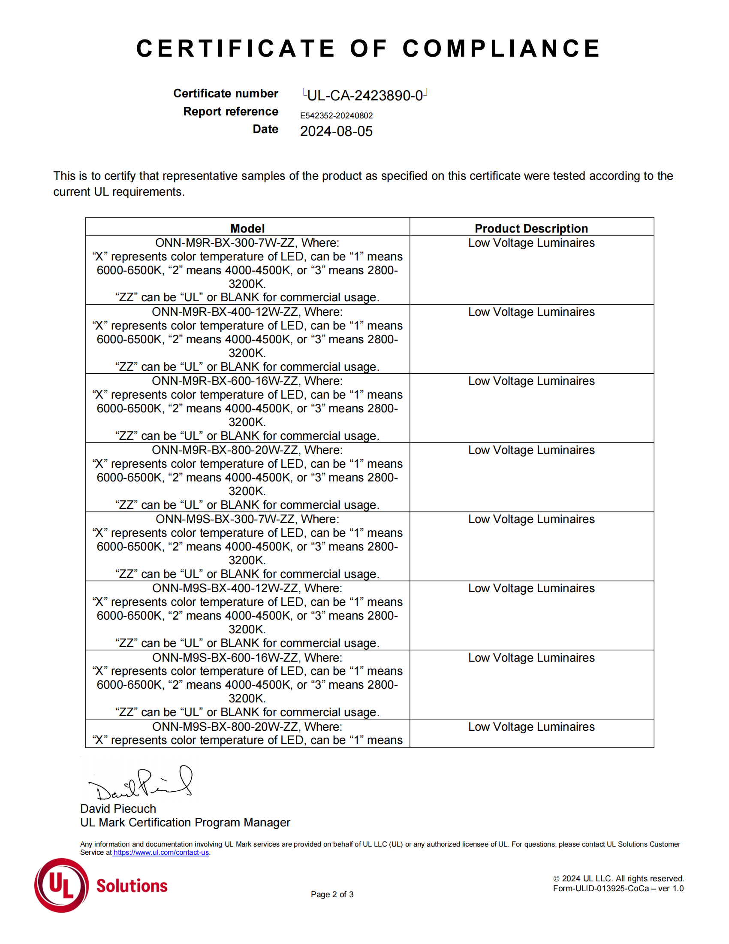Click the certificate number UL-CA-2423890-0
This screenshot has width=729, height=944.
(x=364, y=96)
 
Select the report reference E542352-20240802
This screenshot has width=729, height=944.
(x=336, y=115)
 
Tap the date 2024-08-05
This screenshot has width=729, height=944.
(x=336, y=131)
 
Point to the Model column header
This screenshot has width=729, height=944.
(x=247, y=228)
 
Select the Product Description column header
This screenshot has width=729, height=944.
(x=531, y=228)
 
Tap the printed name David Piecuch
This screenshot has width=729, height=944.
(x=118, y=809)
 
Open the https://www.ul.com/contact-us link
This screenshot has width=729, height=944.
(x=161, y=852)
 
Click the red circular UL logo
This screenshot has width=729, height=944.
(x=61, y=885)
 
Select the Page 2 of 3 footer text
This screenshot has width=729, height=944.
(x=332, y=894)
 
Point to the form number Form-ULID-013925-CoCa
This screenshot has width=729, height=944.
(x=601, y=888)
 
